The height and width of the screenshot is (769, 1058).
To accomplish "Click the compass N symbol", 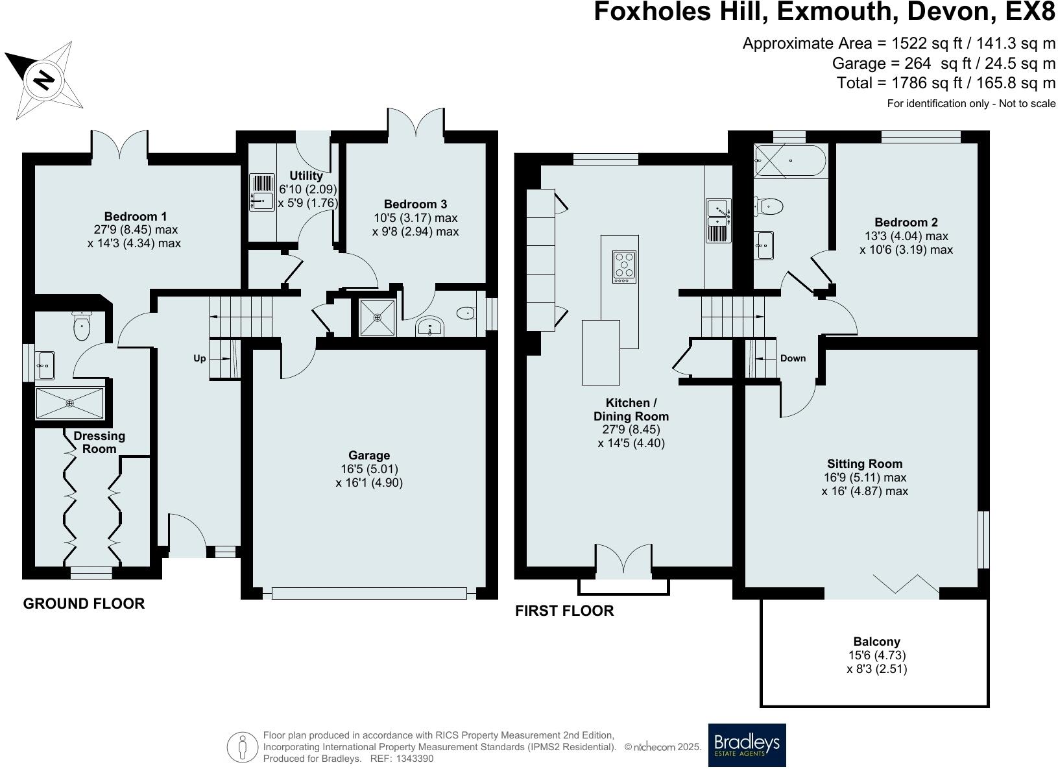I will (43, 79).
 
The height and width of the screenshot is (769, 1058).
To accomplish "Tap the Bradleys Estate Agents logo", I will (746, 745).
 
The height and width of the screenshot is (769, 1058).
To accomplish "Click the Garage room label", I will (369, 456).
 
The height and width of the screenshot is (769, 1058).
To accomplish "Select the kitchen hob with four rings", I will (624, 267).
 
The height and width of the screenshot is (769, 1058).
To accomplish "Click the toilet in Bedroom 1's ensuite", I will (82, 326).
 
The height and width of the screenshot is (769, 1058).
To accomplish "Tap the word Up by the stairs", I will (200, 358).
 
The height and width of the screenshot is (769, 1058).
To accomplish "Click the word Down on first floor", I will (793, 358).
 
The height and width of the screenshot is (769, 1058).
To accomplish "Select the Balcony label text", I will (877, 642).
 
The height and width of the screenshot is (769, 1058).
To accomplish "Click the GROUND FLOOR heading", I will (84, 604).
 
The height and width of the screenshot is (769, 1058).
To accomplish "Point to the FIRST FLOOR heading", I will (564, 611).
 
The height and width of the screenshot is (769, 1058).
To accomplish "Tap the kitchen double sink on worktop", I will (718, 221).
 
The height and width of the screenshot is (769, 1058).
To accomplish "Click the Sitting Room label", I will (865, 463).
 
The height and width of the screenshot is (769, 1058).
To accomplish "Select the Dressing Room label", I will (99, 442).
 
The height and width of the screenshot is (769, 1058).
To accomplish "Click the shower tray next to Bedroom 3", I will (377, 317).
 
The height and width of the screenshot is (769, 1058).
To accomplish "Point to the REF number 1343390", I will (416, 758).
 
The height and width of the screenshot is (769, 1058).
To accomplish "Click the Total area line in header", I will (946, 83).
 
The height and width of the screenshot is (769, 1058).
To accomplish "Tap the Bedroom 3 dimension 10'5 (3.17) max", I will (415, 218).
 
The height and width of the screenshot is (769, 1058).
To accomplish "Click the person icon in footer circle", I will (243, 748).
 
